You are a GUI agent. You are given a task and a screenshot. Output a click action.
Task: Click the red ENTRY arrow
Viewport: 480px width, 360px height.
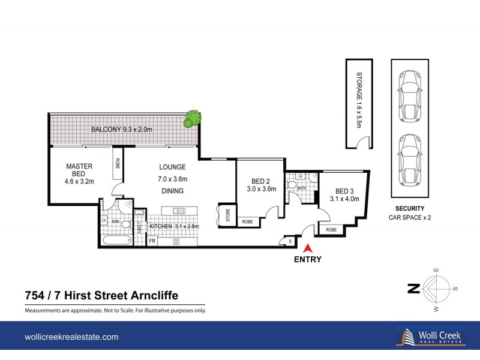(x=308, y=247)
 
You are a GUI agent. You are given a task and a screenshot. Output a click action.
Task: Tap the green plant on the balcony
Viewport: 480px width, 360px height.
(x=192, y=118)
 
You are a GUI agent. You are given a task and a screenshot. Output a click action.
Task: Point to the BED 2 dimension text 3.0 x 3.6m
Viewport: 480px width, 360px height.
(x=261, y=189)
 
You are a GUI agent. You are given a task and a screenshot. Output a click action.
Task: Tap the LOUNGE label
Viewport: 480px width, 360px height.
(x=172, y=167)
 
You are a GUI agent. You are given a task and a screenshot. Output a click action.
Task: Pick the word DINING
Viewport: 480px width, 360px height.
(x=172, y=191)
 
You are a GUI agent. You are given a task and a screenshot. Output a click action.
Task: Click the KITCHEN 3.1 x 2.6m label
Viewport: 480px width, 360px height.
(x=174, y=226)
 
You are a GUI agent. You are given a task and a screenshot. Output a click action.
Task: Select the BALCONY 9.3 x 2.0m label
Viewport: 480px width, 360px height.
(x=122, y=130)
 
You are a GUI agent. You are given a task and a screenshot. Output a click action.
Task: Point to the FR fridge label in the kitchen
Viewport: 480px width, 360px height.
(x=152, y=241)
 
